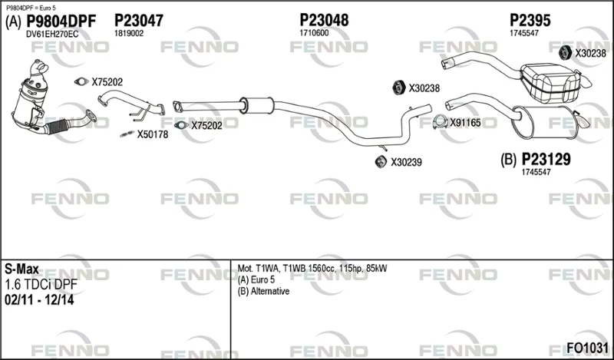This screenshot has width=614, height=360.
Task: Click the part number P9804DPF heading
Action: click(61, 21)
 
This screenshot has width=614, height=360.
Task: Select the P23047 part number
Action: click(139, 21)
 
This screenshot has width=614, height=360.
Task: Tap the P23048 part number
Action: click(324, 20)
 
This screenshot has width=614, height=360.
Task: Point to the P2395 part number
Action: click(530, 21)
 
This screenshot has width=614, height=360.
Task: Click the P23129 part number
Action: click(546, 160)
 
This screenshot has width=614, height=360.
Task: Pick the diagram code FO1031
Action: click(587, 348)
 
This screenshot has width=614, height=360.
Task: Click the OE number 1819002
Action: click(129, 34)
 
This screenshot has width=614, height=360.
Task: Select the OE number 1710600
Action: click(314, 33)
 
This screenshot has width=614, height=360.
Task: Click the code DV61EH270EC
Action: click(52, 35)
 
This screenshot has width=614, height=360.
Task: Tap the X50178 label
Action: click(152, 135)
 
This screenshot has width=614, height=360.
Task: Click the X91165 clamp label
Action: click(465, 123)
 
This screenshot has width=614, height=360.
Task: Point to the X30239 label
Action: click(406, 162)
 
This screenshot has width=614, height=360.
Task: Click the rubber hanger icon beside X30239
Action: click(381, 161)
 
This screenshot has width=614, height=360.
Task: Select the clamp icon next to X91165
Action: click(440, 122)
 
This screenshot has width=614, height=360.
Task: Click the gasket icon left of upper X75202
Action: click(81, 81)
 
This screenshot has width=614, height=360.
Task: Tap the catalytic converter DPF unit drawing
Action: click(31, 98)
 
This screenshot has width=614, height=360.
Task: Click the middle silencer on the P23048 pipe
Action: click(257, 104)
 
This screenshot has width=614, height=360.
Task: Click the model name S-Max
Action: click(21, 269)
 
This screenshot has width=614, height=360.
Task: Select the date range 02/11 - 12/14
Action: click(39, 300)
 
